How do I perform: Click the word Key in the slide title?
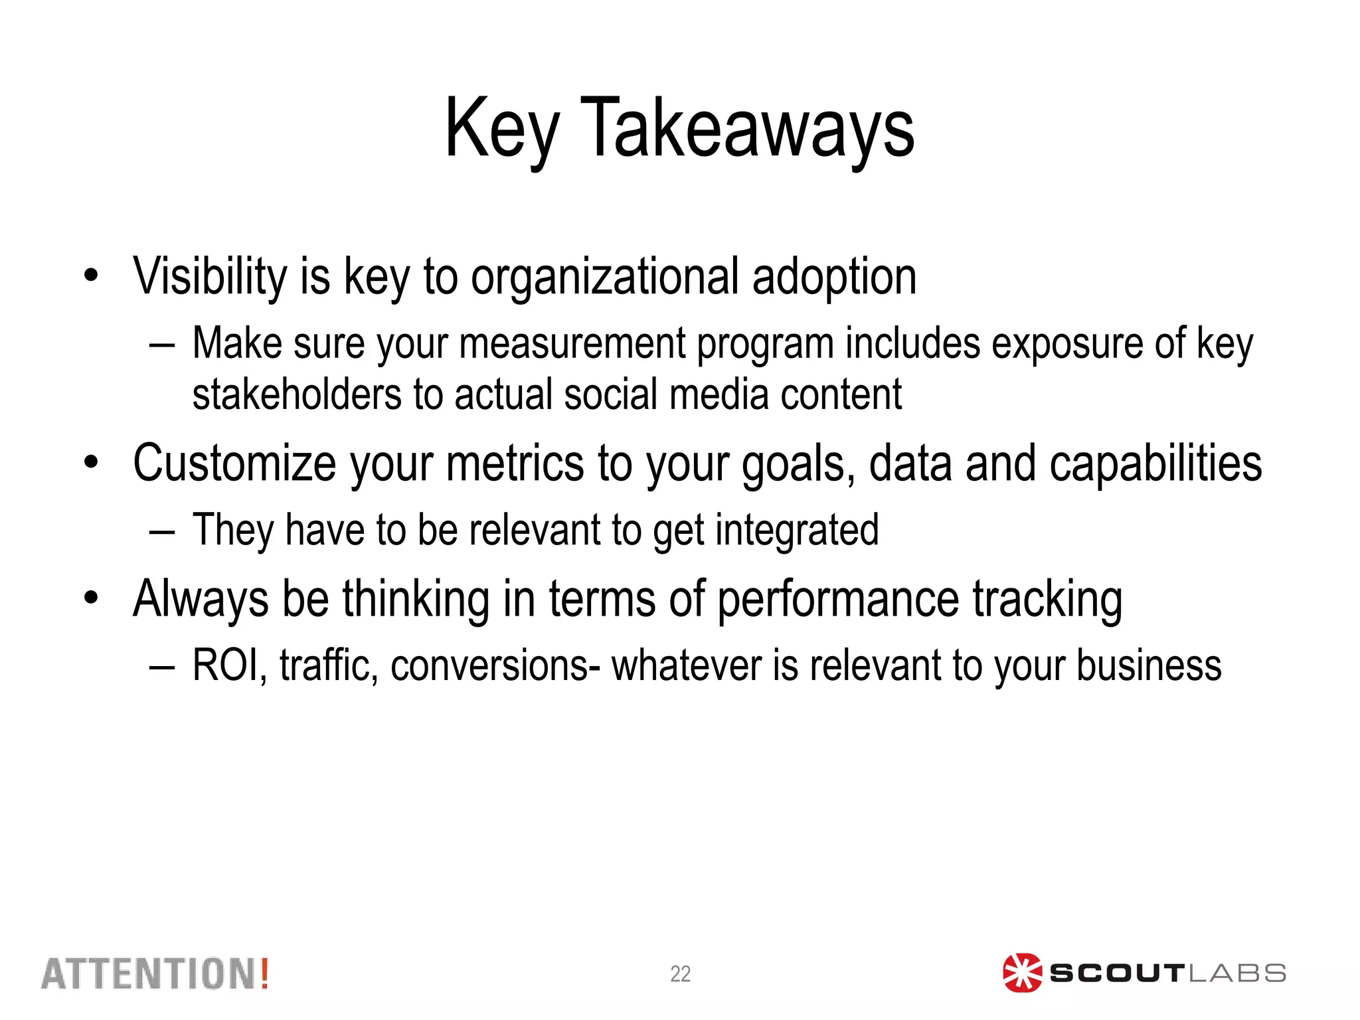tap(501, 127)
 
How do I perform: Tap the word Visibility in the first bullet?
tap(210, 276)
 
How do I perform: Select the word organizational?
tap(604, 276)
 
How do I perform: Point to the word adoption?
tap(834, 276)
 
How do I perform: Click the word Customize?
tap(234, 463)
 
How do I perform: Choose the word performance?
tap(838, 599)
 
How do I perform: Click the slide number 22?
tap(680, 974)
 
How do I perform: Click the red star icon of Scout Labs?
tap(1021, 973)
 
